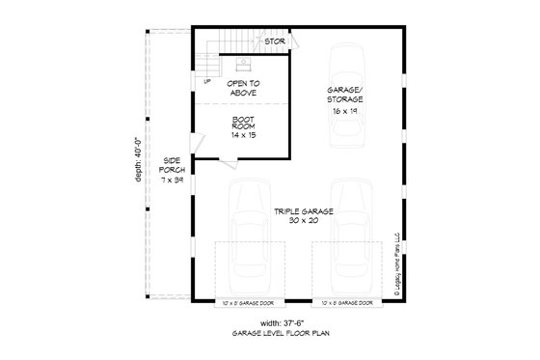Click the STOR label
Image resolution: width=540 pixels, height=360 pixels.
[274, 42]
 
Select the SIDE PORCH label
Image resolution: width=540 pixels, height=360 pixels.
[172, 164]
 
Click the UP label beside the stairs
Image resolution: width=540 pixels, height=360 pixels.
[207, 80]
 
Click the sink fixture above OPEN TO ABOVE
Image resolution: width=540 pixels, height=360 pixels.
[244, 66]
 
